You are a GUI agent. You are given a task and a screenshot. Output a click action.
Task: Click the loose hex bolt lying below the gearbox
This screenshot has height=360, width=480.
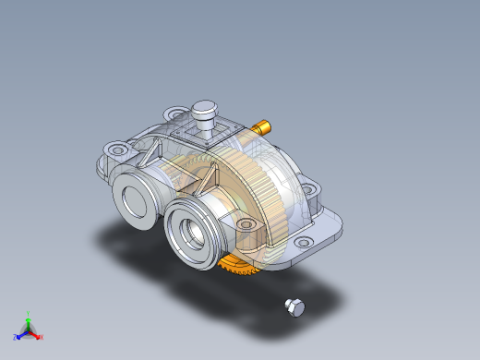[294, 306]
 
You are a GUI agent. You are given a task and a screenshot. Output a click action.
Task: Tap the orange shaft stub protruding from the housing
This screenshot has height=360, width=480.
[263, 126]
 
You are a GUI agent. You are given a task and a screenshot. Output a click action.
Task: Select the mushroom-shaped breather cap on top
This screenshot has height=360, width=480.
[204, 113]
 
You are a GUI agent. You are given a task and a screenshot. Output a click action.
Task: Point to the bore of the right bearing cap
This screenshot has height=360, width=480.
[195, 235]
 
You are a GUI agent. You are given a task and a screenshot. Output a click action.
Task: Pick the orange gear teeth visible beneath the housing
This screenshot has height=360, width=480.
[237, 269]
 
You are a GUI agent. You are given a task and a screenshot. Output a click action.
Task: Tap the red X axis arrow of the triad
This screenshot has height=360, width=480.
[37, 334]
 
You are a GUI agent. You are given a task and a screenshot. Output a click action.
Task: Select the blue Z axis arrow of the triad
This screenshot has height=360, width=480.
[20, 334]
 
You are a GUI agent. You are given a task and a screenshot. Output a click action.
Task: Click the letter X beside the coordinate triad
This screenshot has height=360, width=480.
[42, 338]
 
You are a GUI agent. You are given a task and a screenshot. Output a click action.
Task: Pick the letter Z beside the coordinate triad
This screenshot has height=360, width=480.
[15, 338]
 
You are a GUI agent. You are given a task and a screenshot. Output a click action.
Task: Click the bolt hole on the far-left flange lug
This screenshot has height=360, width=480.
[115, 148]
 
